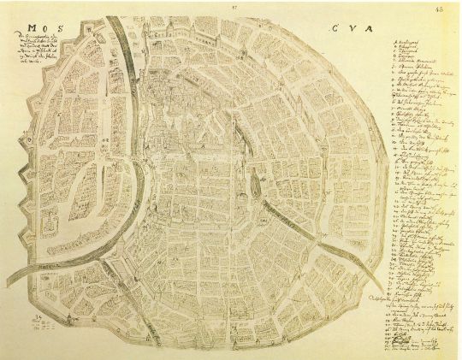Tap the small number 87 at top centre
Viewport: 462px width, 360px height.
[232, 6]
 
